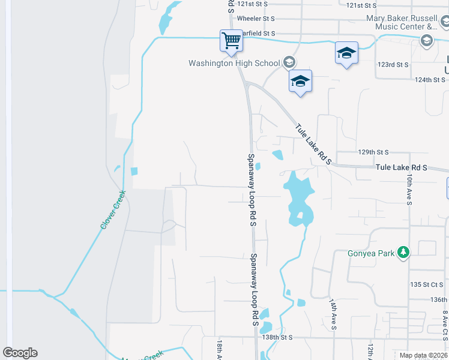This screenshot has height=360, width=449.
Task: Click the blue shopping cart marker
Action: pyautogui.click(x=231, y=41)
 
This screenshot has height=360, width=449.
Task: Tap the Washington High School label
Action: pyautogui.click(x=234, y=63)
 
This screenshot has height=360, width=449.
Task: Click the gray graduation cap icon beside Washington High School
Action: pyautogui.click(x=289, y=62)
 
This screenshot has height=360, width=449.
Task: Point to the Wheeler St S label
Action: pyautogui.click(x=256, y=19)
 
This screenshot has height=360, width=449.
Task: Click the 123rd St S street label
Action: pyautogui.click(x=393, y=64)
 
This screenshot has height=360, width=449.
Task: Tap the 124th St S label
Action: pyautogui.click(x=432, y=79)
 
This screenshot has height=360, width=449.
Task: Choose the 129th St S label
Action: pyautogui.click(x=373, y=153)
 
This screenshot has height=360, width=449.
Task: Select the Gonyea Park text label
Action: pyautogui.click(x=371, y=253)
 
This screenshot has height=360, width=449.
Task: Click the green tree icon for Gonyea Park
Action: pyautogui.click(x=405, y=253)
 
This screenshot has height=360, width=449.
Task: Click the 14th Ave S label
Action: pyautogui.click(x=333, y=314)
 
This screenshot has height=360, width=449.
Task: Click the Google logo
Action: pyautogui.click(x=20, y=353)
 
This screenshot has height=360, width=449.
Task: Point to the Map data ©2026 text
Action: pyautogui.click(x=423, y=355)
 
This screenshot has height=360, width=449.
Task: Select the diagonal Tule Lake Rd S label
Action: pyautogui.click(x=313, y=143)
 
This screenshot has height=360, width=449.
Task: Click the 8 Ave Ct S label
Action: pyautogui.click(x=445, y=325)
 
